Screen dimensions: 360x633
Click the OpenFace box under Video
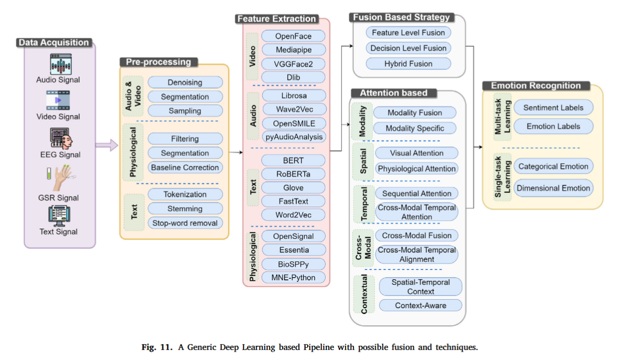pos(293,36)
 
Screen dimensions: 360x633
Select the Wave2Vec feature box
pos(294,109)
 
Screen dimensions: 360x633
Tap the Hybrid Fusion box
pos(408,63)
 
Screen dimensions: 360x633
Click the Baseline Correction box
pos(185,167)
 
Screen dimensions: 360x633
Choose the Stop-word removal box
pos(185,223)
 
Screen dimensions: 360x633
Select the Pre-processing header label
pos(158,62)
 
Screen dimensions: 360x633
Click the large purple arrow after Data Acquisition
pos(107,145)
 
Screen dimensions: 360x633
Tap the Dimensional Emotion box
pos(553,188)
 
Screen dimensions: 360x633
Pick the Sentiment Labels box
pos(553,108)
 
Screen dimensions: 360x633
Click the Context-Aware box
pos(420,305)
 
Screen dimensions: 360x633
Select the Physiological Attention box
pos(416,168)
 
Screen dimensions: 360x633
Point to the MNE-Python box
pos(293,277)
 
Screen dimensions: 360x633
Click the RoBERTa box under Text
pos(293,174)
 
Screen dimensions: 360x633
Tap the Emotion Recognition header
pos(535,86)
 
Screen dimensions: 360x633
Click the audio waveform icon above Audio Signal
pos(59,64)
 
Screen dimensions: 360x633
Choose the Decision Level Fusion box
pos(408,48)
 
